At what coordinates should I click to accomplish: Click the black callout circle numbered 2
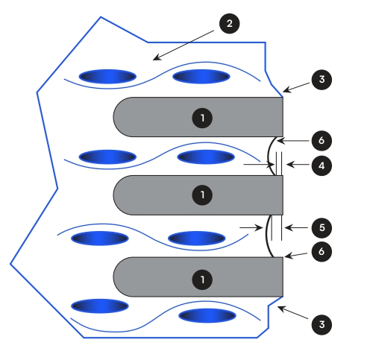(x=229, y=24)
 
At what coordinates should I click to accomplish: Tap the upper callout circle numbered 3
(x=322, y=80)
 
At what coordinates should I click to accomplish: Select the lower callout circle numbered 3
(x=322, y=324)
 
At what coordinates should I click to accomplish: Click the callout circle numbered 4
(x=322, y=165)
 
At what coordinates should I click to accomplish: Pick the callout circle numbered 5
(x=322, y=227)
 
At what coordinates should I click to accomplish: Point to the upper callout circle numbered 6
(x=322, y=141)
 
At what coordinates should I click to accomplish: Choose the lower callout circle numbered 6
(x=322, y=251)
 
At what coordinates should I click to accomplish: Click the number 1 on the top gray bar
(x=202, y=118)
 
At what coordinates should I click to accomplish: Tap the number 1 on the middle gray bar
(x=202, y=195)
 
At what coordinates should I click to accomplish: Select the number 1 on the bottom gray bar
(x=202, y=280)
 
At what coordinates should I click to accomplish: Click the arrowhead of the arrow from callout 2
(x=156, y=58)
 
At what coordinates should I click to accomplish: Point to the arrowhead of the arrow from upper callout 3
(x=286, y=90)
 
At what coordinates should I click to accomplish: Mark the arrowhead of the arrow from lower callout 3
(x=280, y=308)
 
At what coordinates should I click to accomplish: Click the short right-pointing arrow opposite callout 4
(x=259, y=164)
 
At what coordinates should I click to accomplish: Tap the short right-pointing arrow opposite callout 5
(x=251, y=227)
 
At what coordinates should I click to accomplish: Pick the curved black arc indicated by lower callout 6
(x=267, y=236)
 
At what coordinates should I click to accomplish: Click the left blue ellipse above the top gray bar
(x=107, y=77)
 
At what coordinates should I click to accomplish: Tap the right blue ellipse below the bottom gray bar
(x=207, y=316)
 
